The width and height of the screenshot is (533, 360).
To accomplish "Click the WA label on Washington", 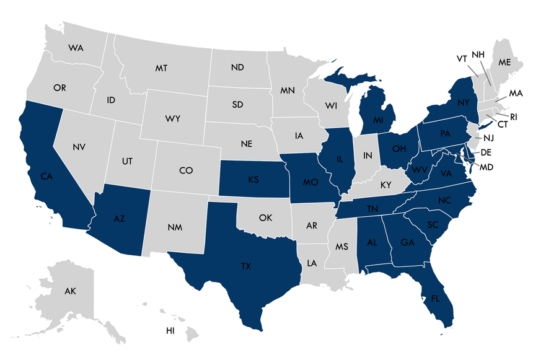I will pyautogui.click(x=76, y=48).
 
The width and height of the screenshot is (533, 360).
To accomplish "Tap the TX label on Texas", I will pyautogui.click(x=246, y=266).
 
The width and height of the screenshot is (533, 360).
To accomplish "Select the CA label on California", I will pyautogui.click(x=46, y=177).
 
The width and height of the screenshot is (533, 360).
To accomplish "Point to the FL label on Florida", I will pyautogui.click(x=436, y=298).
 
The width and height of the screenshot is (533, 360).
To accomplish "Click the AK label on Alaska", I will pyautogui.click(x=70, y=290).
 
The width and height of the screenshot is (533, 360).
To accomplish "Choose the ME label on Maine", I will pyautogui.click(x=504, y=63).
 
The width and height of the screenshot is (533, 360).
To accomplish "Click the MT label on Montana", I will pyautogui.click(x=161, y=68).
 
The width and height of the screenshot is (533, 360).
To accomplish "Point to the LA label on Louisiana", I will pyautogui.click(x=311, y=263).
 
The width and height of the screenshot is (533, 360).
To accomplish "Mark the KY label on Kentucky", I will pyautogui.click(x=386, y=185).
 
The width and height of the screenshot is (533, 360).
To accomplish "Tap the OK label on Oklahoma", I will pyautogui.click(x=265, y=217).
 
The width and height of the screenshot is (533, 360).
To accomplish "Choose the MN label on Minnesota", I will pyautogui.click(x=287, y=90).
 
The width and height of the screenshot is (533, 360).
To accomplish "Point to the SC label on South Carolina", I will pyautogui.click(x=432, y=224).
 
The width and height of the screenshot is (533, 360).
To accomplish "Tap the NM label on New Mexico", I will pyautogui.click(x=174, y=227).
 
